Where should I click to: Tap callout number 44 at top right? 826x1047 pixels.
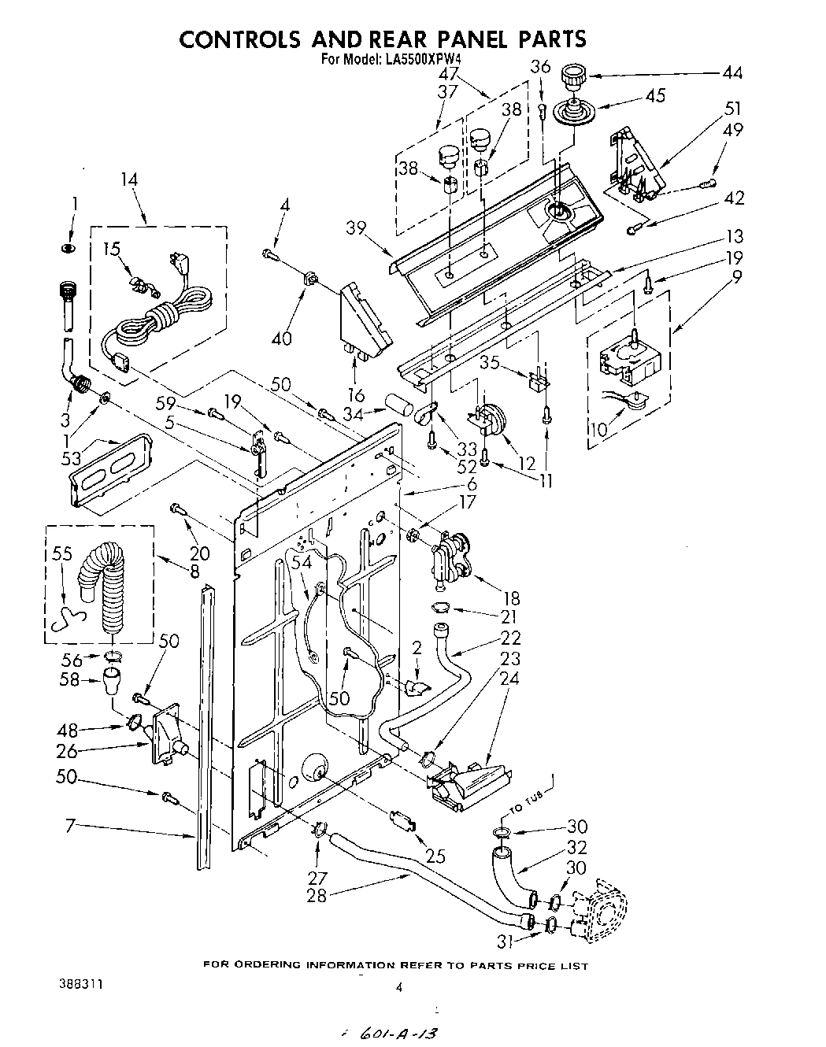coord(732,73)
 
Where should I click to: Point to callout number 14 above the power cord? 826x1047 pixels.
coord(128,179)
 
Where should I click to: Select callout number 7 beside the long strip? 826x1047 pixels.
coord(71,827)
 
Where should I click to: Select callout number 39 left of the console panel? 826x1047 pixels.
coord(357,228)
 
